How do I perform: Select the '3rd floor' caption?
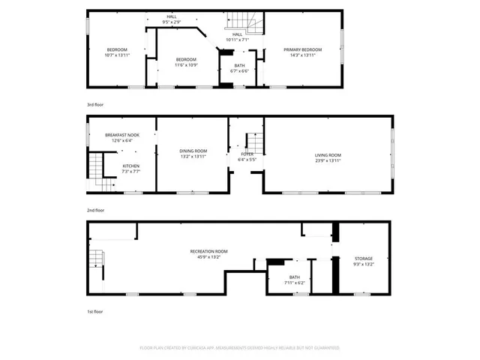(x=95, y=105)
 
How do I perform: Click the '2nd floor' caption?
(x=95, y=211)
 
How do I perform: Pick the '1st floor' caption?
(x=94, y=311)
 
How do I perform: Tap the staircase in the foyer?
(x=255, y=141)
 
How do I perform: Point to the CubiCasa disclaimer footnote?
(x=240, y=348)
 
